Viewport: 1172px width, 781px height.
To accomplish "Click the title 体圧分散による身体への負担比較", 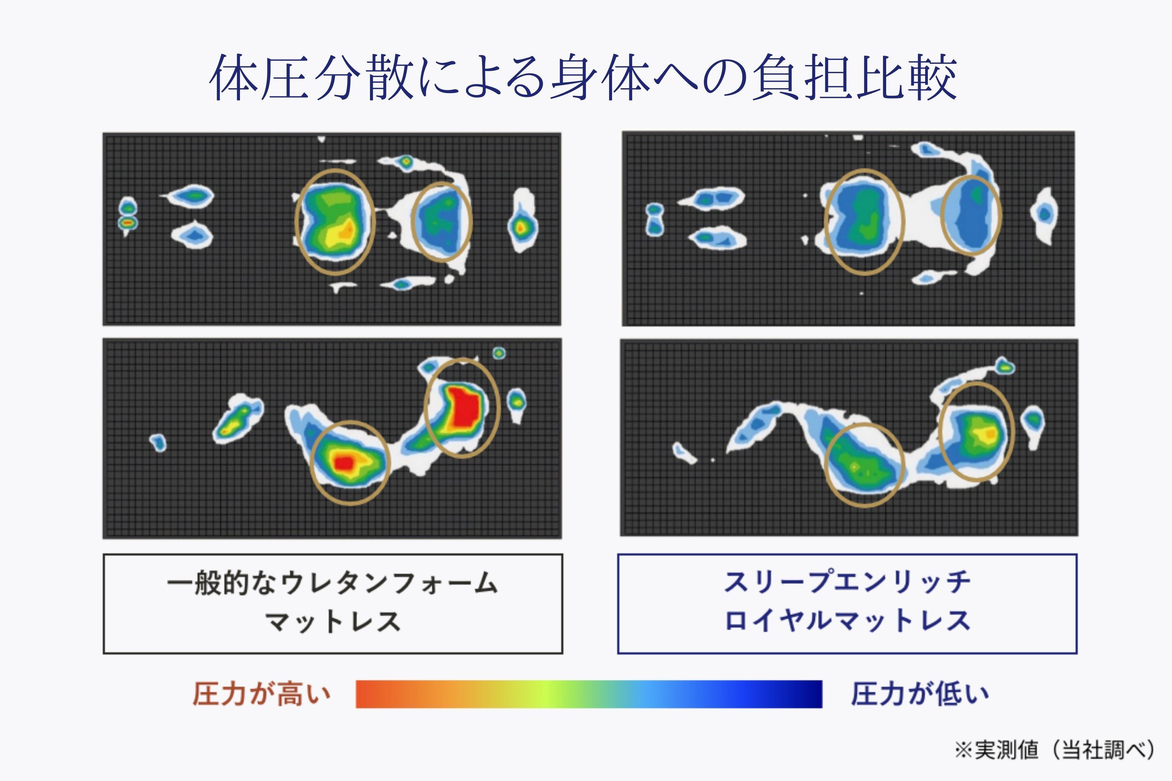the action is pos(583,77).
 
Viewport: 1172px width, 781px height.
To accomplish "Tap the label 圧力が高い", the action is pos(262,694).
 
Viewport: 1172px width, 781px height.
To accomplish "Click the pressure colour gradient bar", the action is pos(589,694).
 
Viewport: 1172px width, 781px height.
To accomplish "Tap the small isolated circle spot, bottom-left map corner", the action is pos(499,353).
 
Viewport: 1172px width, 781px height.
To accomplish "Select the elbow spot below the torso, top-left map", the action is pos(401,284).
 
